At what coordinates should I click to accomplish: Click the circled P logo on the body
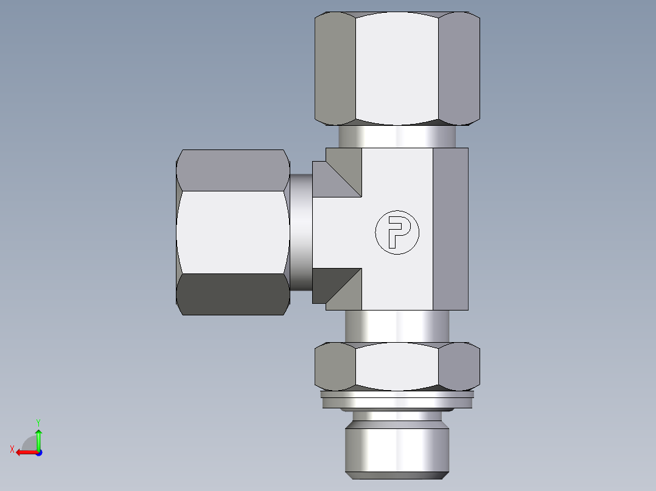pyautogui.click(x=397, y=232)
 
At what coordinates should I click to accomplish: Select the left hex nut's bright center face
pyautogui.click(x=232, y=232)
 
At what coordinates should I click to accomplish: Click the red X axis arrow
pyautogui.click(x=24, y=452)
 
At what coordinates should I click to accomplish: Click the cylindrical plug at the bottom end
pyautogui.click(x=397, y=450)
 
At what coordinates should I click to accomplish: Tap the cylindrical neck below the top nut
pyautogui.click(x=397, y=137)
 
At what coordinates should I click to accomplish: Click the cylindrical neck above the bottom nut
pyautogui.click(x=397, y=326)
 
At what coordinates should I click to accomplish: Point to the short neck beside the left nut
pyautogui.click(x=301, y=232)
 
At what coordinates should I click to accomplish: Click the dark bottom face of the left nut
pyautogui.click(x=232, y=294)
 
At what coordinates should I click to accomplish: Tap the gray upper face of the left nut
pyautogui.click(x=232, y=170)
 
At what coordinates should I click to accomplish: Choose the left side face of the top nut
pyautogui.click(x=335, y=67)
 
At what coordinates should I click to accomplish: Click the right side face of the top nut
pyautogui.click(x=459, y=67)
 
